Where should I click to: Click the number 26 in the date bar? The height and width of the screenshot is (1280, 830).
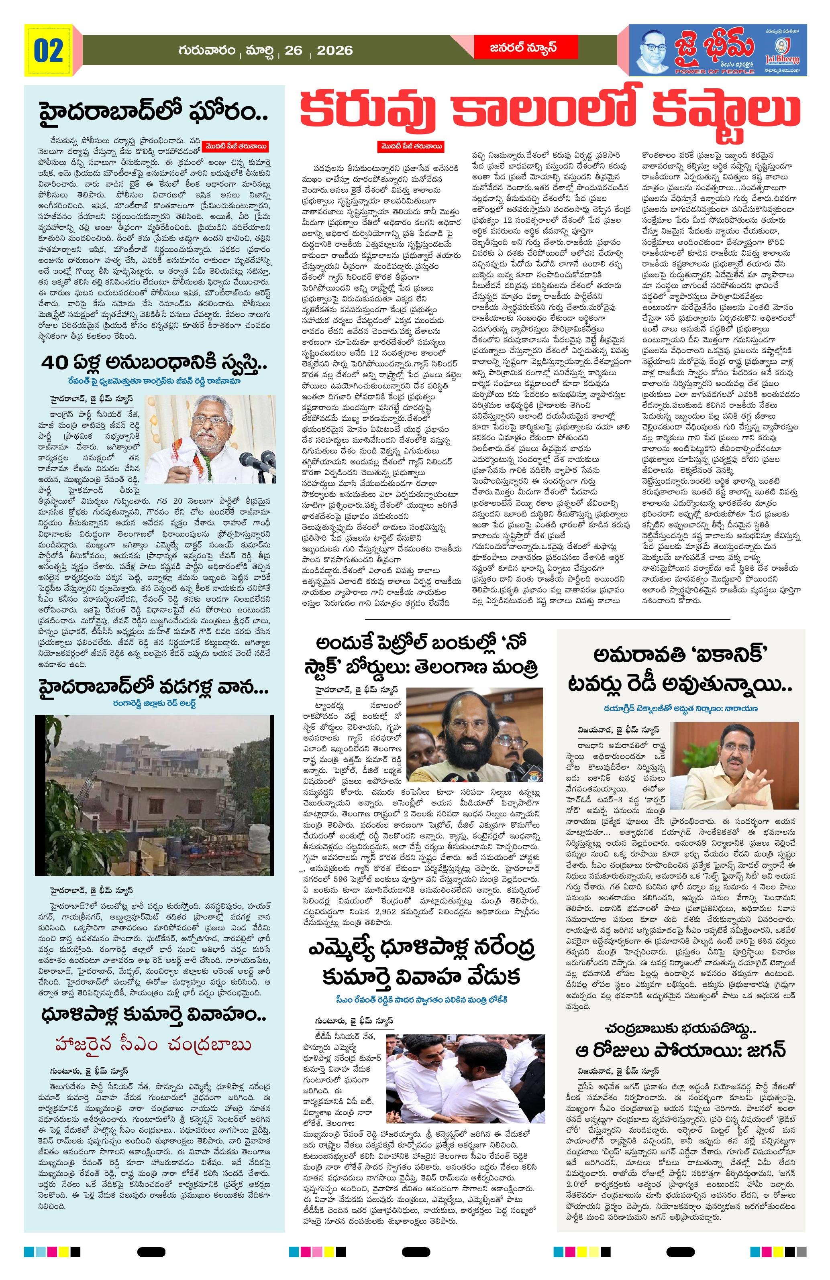click(x=294, y=51)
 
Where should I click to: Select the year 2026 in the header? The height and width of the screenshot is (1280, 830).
click(x=334, y=51)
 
